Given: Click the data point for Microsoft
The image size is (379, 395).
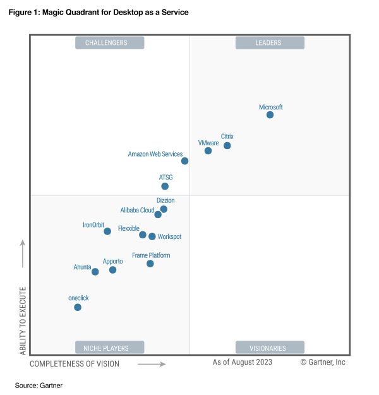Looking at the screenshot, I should coord(270,115).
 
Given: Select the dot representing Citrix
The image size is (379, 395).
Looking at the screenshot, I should coord(227,146).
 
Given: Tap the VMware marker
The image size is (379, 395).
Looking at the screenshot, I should coord(208,151).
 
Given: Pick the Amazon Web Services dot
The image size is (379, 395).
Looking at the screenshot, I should coord(185,161).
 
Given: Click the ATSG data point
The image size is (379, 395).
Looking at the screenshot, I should coord(165,186).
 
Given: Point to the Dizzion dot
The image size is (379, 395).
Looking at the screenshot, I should coord(164,209).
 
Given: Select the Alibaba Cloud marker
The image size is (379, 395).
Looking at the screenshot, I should coord(158,215).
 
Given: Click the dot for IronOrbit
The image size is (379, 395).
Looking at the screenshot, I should coord(107,231).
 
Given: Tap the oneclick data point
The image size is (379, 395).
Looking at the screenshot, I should coord(78,307).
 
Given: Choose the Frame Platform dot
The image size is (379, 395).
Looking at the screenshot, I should coord(150,264).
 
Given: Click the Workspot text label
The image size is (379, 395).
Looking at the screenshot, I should coord(169,237).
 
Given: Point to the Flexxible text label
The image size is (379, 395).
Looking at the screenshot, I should coord(129,228).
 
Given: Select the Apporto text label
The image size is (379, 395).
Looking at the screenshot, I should coord(112,261).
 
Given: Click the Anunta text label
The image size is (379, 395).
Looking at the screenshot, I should coord(83,267).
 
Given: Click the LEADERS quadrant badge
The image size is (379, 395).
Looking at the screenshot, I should coord(270,43).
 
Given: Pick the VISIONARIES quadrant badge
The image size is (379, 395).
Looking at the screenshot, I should coord(270,348).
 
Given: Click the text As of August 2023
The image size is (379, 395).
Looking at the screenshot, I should coord(243,362).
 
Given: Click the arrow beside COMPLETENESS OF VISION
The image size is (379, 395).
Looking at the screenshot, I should coord(152,364).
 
